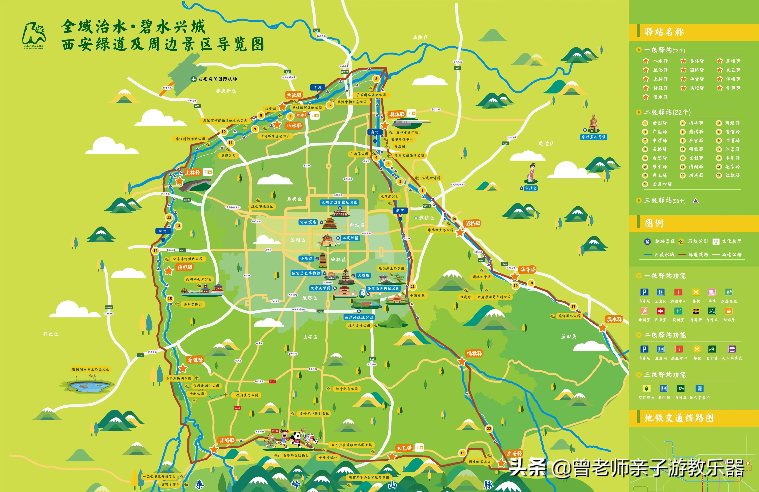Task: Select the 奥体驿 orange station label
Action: point(397,114)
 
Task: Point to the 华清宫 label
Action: point(531,188)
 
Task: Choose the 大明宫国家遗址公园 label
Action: point(339,202)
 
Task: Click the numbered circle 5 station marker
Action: point(376,79)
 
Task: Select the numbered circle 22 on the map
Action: point(489,429)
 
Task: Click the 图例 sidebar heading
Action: point(654,223)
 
